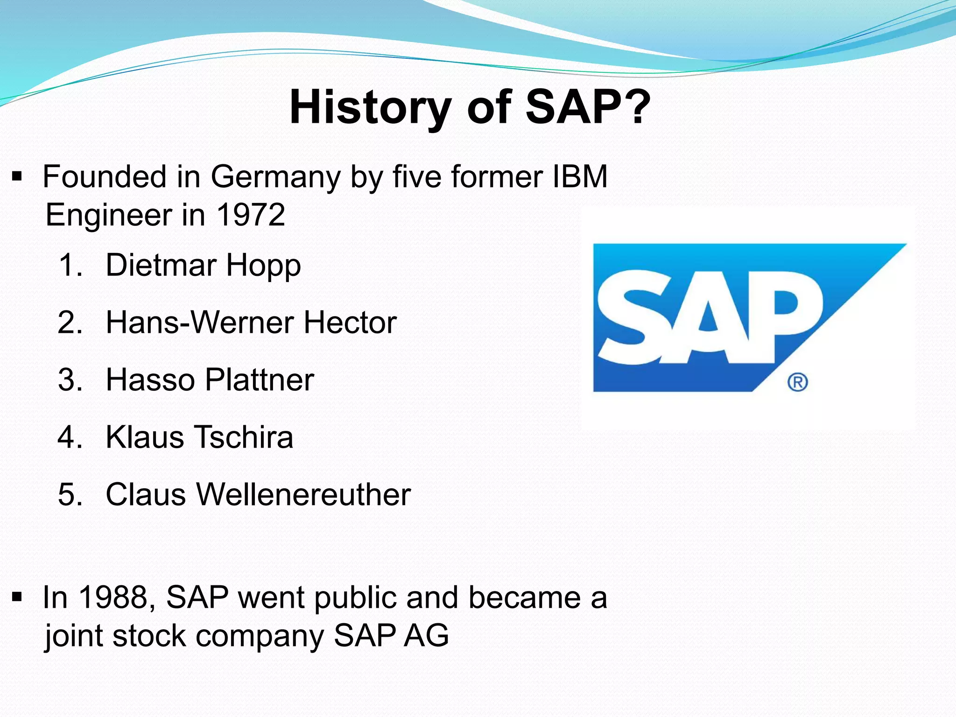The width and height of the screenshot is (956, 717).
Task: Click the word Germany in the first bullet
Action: point(275,177)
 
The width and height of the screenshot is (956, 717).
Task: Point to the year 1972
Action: point(251,215)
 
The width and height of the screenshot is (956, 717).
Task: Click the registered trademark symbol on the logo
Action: point(797,382)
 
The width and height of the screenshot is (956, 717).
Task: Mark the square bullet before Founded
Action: point(17,177)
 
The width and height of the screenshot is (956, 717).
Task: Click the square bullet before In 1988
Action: point(17,597)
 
